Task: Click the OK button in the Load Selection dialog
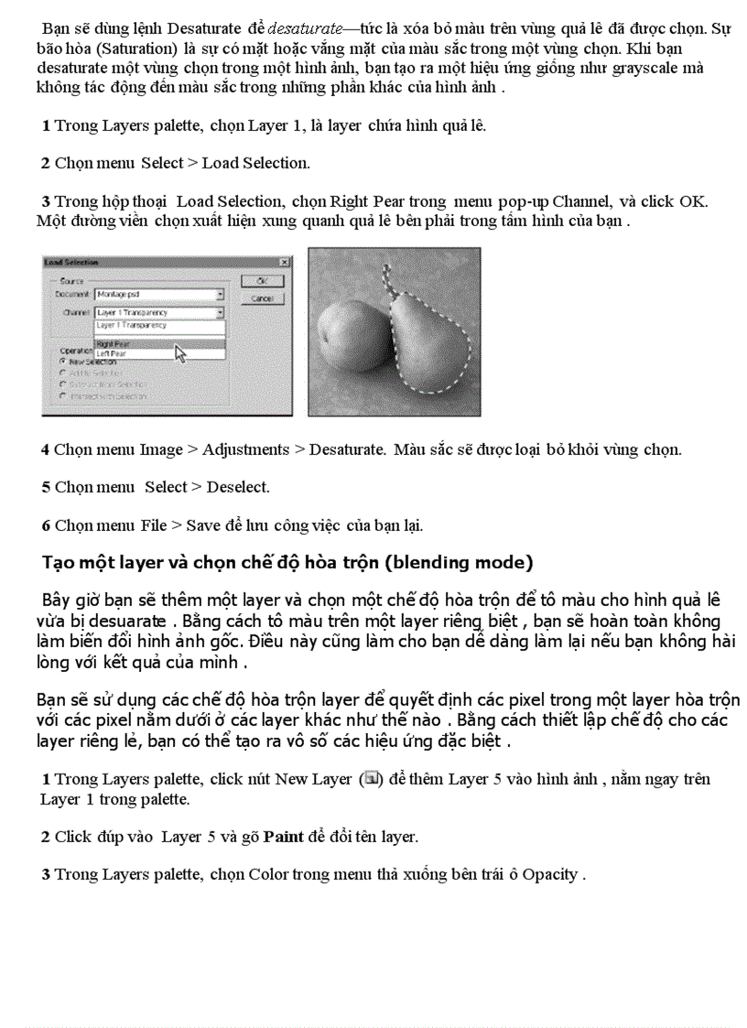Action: tap(262, 281)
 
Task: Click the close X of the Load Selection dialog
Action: tap(284, 263)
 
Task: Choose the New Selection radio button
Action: tap(62, 362)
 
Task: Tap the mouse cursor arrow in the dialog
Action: tap(180, 353)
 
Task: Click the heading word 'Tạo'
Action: tap(59, 562)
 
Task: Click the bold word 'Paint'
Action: tap(283, 836)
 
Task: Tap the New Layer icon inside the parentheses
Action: tap(371, 778)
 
